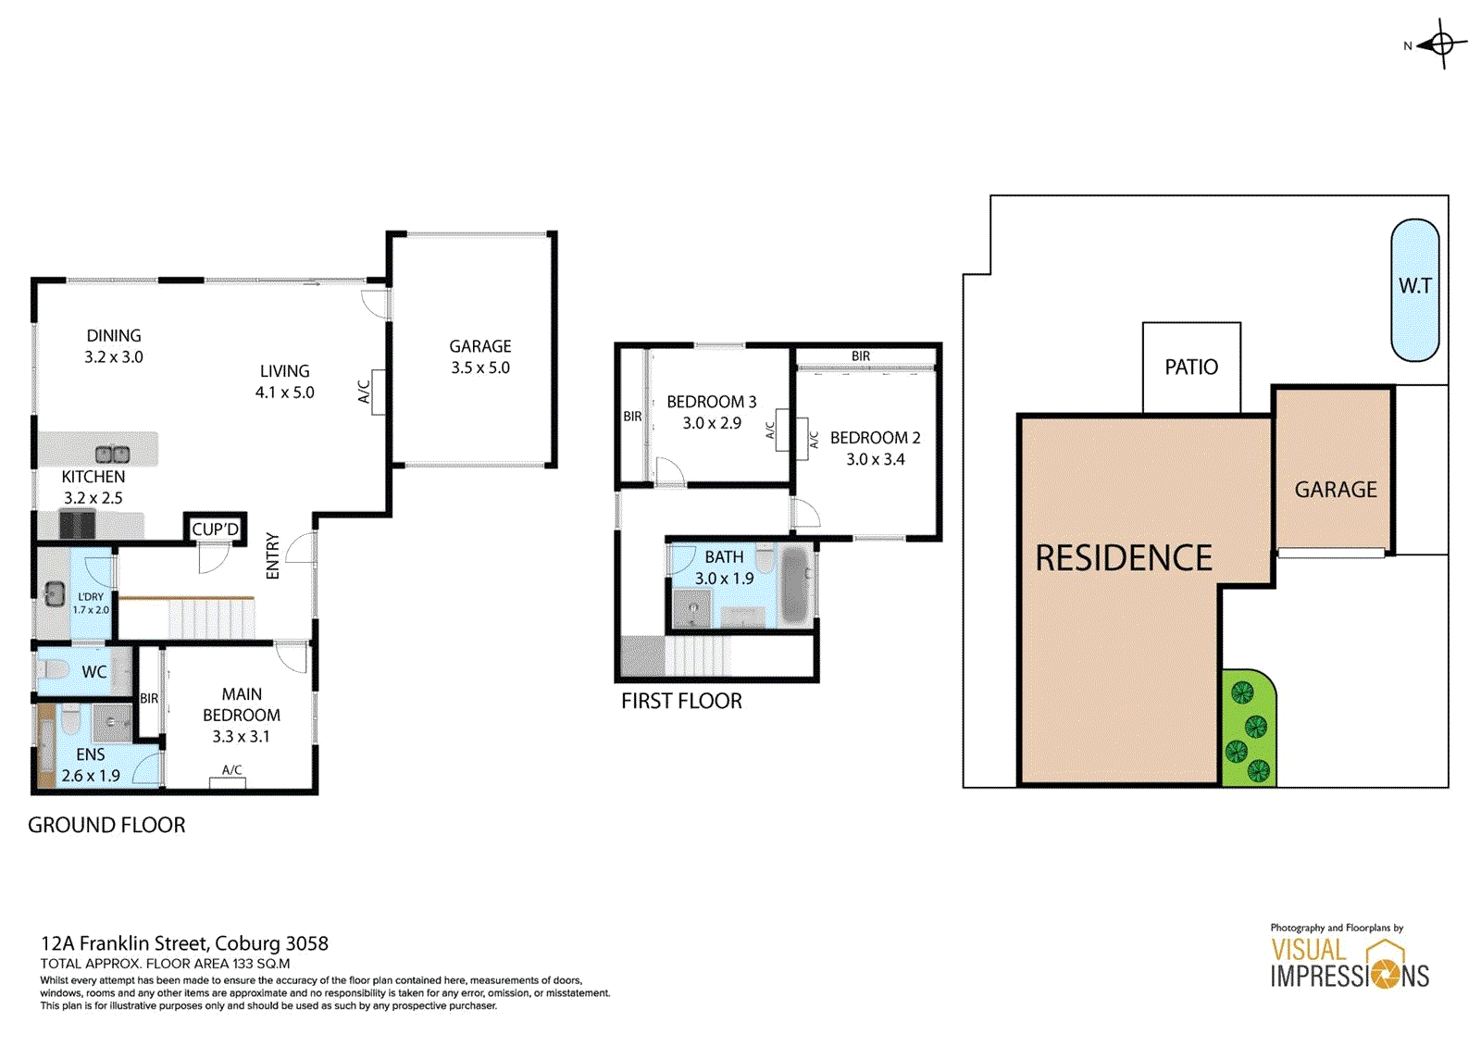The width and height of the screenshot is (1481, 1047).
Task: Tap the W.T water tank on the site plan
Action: tap(1415, 291)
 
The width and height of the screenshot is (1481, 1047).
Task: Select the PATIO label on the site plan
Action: tap(1191, 368)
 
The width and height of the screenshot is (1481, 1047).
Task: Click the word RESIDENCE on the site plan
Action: tap(1124, 557)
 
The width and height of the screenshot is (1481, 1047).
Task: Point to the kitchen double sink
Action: tap(112, 455)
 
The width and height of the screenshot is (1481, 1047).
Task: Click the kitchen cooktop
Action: tap(78, 525)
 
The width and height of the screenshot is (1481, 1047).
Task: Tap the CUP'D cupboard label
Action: tap(215, 530)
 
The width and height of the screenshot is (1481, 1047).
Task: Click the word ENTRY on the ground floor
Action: tap(272, 556)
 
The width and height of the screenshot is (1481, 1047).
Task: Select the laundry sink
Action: tap(55, 592)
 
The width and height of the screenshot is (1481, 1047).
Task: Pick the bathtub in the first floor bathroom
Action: tap(795, 585)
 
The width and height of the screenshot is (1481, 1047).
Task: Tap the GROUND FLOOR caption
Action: tap(106, 826)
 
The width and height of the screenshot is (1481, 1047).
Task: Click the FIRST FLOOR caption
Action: tap(681, 701)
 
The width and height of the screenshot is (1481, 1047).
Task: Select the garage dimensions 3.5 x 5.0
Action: tap(480, 368)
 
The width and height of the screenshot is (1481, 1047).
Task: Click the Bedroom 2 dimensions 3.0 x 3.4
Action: tap(876, 459)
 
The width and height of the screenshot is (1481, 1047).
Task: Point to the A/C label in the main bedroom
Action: tap(232, 770)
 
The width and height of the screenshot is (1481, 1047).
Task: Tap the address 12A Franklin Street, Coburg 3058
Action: tap(184, 943)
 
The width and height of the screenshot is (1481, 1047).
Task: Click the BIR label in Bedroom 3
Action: tap(632, 417)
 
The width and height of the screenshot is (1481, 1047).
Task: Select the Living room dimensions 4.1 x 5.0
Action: tap(285, 393)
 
